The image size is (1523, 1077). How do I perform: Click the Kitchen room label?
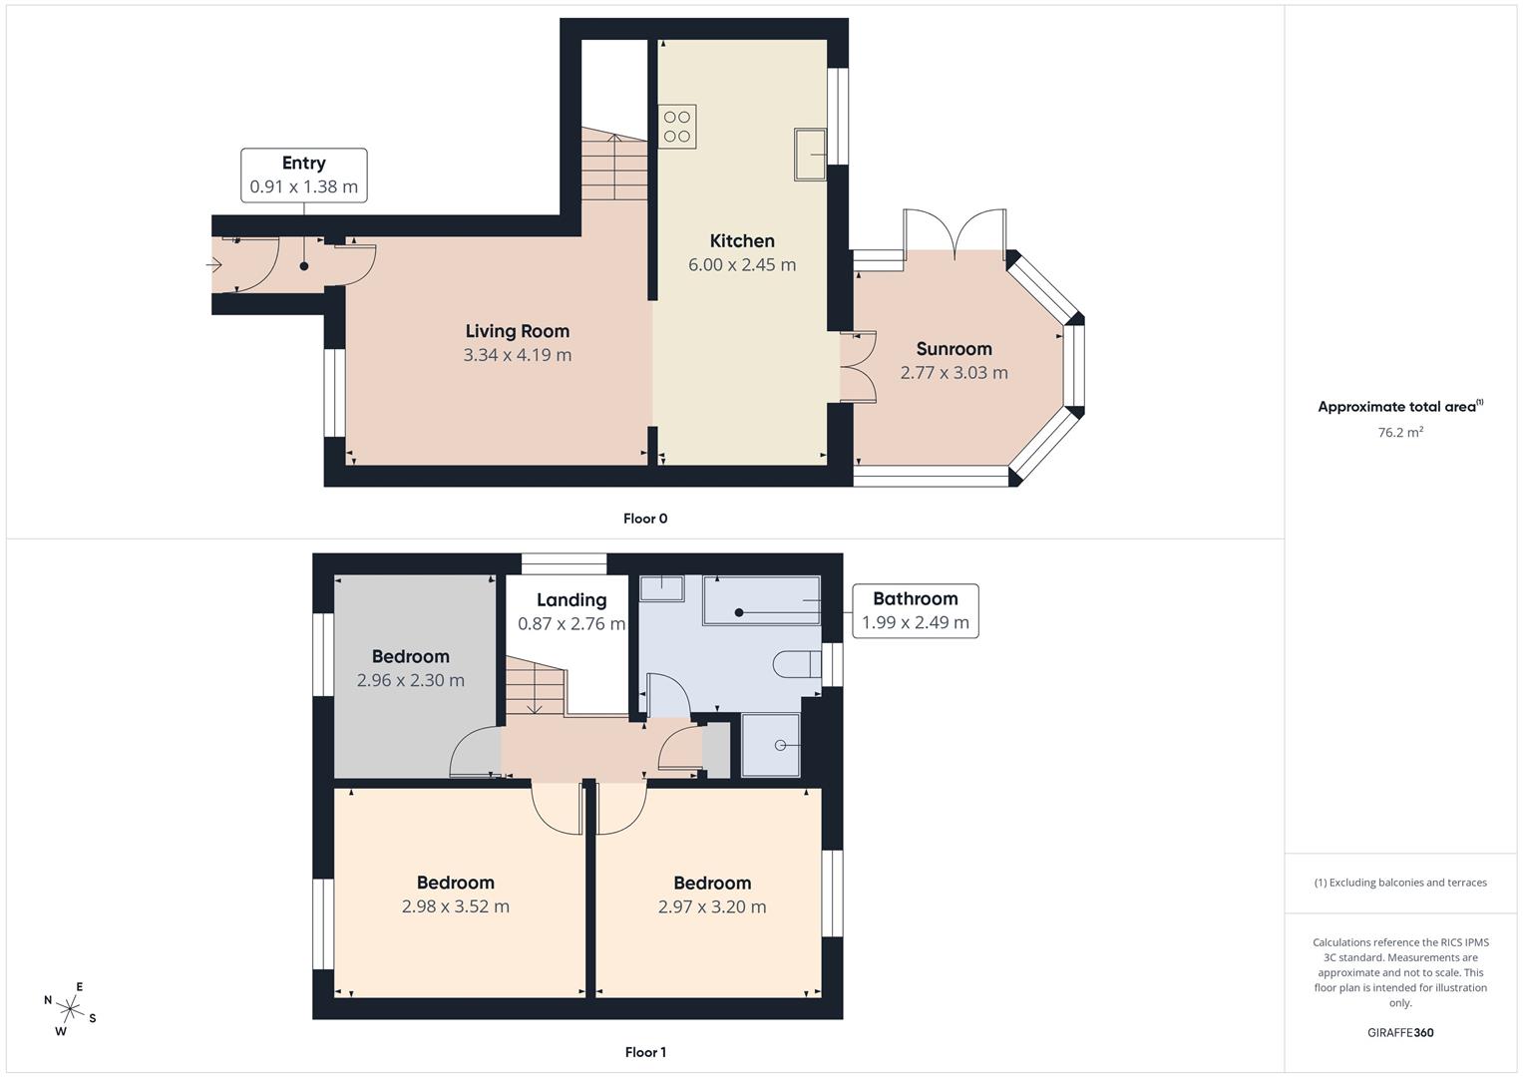pos(742,241)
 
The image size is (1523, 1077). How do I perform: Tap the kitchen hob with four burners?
pos(677,127)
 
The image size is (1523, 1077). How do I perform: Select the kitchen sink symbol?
pos(810,155)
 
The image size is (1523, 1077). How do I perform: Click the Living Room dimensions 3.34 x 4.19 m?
pos(518,355)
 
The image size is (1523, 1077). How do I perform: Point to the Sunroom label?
pos(953,349)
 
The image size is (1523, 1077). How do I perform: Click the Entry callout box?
pos(304,176)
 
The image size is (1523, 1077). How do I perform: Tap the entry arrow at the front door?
pos(214,265)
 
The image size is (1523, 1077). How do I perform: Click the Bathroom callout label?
pos(915,610)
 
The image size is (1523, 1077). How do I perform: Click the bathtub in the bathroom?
pos(762,601)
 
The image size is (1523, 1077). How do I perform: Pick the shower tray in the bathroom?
pos(771,745)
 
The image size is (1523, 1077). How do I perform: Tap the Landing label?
pos(571,600)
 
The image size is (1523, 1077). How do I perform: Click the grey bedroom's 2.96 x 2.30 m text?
pos(411,681)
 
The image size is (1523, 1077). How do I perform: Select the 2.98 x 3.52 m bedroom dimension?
pos(456,907)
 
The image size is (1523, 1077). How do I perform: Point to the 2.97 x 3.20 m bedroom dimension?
pos(712,907)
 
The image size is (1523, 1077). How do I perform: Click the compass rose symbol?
pos(70,1008)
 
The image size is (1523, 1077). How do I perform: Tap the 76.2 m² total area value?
pos(1400,433)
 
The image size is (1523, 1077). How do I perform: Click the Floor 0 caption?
pos(645,519)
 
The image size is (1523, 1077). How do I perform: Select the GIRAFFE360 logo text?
pos(1400,1033)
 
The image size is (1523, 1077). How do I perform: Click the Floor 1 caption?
pos(645,1052)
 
